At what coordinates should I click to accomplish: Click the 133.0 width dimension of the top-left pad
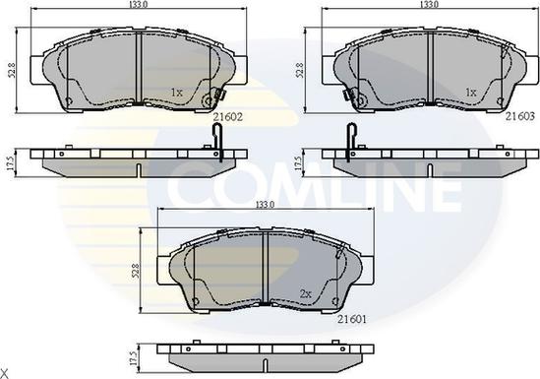(138, 6)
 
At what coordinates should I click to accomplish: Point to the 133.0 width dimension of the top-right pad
(430, 6)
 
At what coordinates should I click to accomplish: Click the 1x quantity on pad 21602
(177, 94)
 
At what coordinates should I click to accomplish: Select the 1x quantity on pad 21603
(470, 93)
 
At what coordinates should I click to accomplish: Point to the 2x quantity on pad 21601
(306, 294)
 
